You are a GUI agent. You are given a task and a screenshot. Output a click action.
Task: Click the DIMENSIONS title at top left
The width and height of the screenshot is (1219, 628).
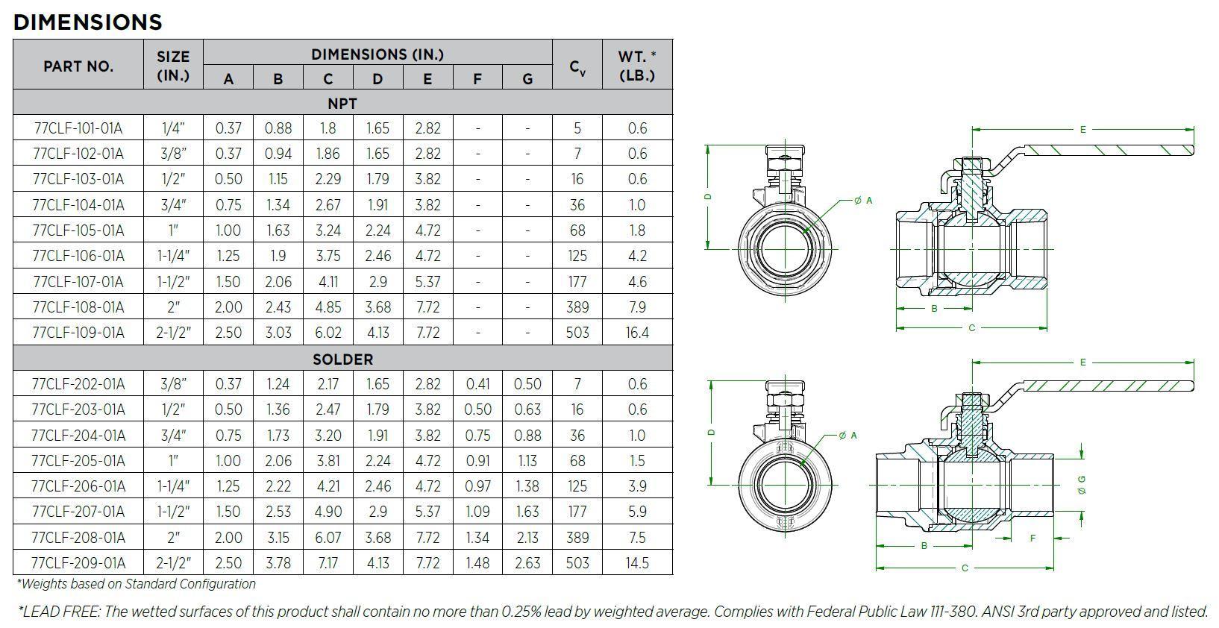(87, 22)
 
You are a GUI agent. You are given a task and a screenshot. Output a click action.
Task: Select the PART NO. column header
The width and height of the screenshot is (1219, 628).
(78, 66)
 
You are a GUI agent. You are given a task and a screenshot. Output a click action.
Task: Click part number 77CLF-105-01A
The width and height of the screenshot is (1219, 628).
(78, 230)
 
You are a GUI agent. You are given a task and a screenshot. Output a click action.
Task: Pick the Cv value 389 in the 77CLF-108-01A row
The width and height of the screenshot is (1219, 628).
(577, 307)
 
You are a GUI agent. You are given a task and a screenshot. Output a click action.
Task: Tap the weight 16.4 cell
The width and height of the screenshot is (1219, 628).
(637, 333)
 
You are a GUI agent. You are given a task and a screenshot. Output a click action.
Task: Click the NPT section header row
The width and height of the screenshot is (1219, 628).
(342, 103)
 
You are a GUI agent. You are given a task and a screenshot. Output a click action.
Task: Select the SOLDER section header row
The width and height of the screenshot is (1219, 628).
(342, 359)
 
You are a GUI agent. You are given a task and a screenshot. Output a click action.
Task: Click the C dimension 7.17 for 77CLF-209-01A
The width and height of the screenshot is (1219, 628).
(328, 563)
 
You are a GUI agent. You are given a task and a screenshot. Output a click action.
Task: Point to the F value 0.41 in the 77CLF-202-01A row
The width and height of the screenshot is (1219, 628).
(477, 384)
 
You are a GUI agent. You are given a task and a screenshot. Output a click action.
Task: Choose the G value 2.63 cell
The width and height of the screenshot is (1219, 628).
(527, 563)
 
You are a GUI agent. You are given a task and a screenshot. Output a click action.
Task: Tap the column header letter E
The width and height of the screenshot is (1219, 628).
(427, 79)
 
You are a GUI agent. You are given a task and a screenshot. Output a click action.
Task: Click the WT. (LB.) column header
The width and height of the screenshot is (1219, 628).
(637, 66)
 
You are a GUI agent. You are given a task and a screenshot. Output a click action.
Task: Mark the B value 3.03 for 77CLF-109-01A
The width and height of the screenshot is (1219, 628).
(278, 333)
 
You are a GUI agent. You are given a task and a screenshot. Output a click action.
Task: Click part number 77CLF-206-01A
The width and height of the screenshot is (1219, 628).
(78, 486)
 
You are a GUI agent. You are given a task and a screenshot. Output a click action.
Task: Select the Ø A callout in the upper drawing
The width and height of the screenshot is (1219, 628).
(863, 201)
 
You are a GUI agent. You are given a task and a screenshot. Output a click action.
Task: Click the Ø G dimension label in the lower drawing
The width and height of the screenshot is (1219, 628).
(1082, 485)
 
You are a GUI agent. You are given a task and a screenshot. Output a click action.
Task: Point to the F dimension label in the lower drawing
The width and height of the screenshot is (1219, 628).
(1032, 538)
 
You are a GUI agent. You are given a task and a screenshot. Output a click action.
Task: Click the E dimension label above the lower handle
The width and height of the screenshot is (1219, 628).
(1082, 362)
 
